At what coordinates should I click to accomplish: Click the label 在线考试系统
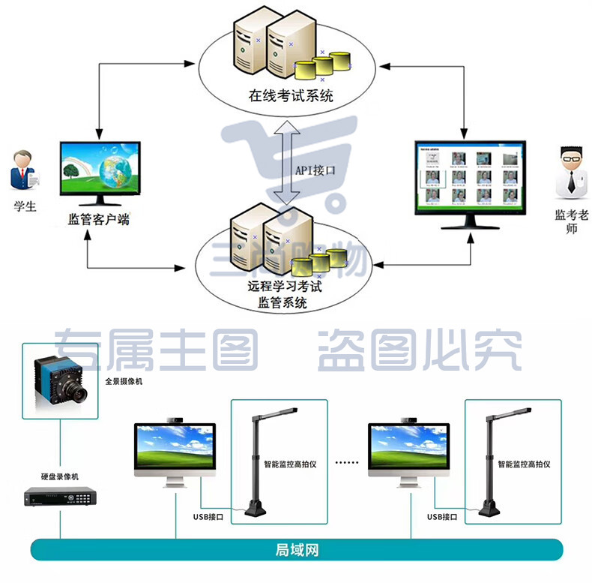291,95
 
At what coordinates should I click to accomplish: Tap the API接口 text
315,170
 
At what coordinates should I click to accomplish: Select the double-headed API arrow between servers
287,163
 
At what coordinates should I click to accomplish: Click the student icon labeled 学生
23,170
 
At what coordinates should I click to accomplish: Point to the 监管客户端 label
98,219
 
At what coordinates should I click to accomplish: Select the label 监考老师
571,221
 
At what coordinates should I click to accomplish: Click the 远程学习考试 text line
285,286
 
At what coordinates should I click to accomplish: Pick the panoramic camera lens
78,392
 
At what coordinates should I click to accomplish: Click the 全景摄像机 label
124,381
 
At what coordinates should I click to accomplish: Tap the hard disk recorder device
60,497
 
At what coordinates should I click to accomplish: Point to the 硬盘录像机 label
60,476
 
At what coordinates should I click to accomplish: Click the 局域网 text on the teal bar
297,550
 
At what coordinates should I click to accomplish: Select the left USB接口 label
208,517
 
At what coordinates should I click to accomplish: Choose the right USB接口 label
442,517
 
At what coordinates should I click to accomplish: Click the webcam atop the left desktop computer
175,419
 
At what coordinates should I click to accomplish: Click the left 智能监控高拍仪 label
290,464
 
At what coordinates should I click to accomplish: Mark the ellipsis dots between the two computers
347,462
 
